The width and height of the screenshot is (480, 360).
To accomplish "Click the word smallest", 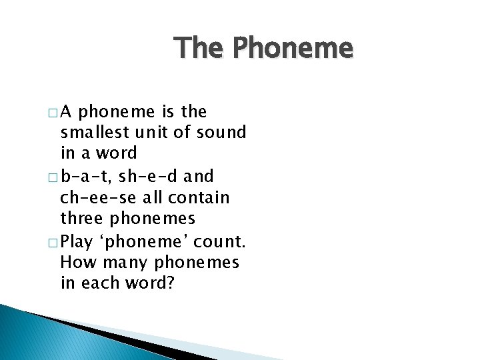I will coord(92,133).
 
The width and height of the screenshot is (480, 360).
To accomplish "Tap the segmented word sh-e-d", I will coord(142,177).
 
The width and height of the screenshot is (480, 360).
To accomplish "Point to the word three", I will coord(81,219).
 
